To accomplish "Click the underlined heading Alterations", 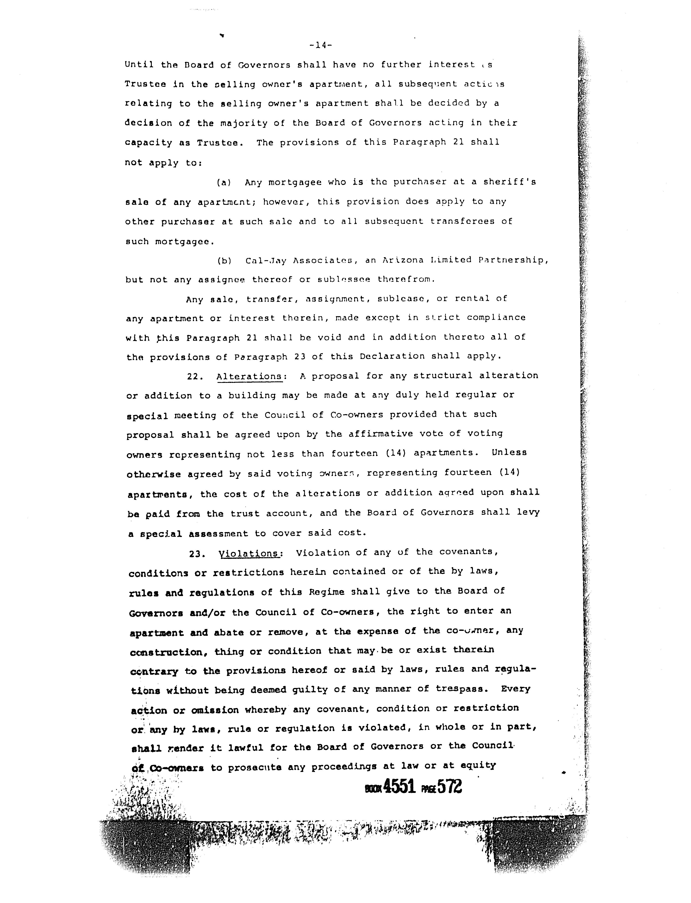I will (249, 376).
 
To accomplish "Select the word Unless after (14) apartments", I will (509, 452).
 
